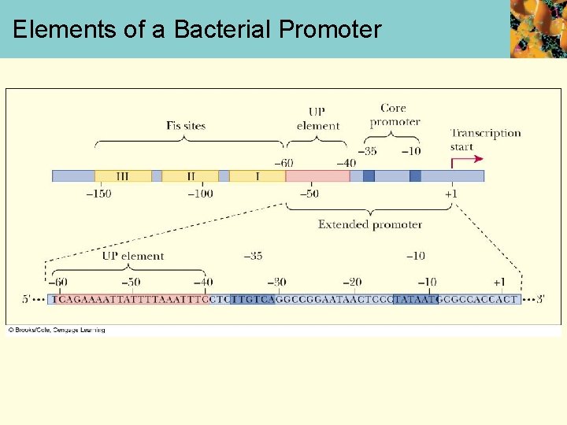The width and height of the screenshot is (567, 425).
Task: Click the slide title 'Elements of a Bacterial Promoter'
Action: (x=197, y=30)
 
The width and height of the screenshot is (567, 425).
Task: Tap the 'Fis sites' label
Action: (x=186, y=126)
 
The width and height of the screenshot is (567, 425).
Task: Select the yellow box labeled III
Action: (x=123, y=176)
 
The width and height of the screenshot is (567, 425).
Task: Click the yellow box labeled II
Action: (x=190, y=176)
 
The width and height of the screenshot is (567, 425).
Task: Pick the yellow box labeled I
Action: (x=257, y=176)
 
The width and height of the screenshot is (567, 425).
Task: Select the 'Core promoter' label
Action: (x=394, y=115)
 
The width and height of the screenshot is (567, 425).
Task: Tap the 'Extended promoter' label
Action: (x=369, y=224)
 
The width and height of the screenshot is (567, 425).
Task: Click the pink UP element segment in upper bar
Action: (x=317, y=176)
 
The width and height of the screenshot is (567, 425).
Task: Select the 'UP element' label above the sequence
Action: (x=132, y=256)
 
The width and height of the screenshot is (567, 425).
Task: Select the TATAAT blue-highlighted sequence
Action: (x=414, y=300)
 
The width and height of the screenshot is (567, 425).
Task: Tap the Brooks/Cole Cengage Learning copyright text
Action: (x=57, y=330)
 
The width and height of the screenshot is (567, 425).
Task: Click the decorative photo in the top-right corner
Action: (x=538, y=28)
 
